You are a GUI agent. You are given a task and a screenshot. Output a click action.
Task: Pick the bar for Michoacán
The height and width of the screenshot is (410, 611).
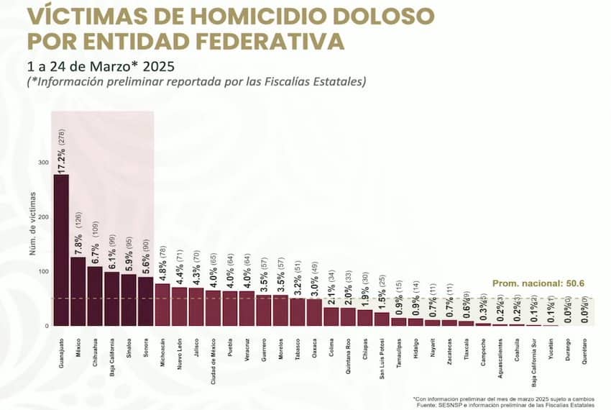[x=162, y=305]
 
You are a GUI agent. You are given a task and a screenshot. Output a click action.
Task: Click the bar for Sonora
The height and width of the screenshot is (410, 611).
[x=146, y=301]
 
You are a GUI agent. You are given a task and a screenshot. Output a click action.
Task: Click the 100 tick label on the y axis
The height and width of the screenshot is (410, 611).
[x=44, y=272]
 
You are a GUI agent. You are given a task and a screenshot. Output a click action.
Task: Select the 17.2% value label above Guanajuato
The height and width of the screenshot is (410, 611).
[x=62, y=157]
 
